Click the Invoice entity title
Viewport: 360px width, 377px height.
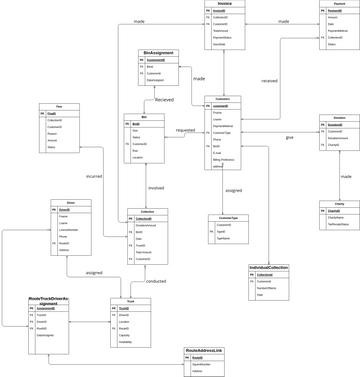(x=224, y=4)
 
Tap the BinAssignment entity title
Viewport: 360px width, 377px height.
(x=158, y=53)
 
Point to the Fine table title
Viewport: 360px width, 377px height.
(x=59, y=106)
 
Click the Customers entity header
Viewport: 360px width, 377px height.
(x=222, y=99)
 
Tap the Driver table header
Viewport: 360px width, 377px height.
(x=70, y=203)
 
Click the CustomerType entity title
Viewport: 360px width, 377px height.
(x=229, y=217)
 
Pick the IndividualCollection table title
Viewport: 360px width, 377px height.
(x=268, y=268)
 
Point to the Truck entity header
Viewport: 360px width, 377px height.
(x=129, y=301)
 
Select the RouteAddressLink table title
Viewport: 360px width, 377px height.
(x=204, y=350)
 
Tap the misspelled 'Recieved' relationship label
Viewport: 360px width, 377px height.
(x=164, y=100)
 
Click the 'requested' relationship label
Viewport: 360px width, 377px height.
(x=185, y=130)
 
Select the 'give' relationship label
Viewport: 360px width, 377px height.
(x=290, y=137)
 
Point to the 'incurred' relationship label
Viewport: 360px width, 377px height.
(x=94, y=176)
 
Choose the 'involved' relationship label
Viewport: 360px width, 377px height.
(x=156, y=187)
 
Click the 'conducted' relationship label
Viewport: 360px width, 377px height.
(x=156, y=281)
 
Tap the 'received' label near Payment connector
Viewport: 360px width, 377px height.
(x=269, y=80)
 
